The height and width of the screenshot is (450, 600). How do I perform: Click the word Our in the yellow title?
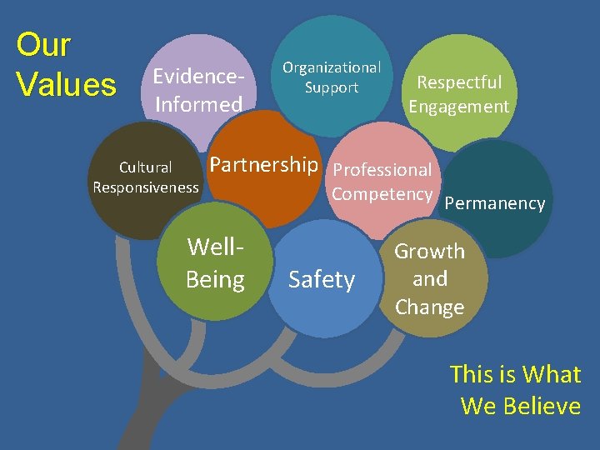pos(44,45)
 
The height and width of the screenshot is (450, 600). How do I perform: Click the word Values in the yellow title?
pos(67,84)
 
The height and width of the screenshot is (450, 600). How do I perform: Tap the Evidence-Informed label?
pos(198,90)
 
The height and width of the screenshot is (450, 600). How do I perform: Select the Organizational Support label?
pos(332,77)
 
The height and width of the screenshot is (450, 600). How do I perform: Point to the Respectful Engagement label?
pos(459,94)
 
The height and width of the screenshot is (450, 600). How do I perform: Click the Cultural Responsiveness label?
pos(146,177)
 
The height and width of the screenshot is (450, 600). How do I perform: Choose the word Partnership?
pos(263,165)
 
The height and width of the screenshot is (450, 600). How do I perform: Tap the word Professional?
pos(382,170)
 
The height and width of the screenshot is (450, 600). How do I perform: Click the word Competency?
pos(382,195)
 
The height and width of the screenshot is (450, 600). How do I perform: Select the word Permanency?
pos(495,203)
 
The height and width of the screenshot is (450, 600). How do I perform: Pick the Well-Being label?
pos(215,262)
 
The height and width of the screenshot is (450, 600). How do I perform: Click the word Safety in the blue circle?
pos(322,280)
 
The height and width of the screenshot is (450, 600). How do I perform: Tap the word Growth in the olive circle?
pos(429,251)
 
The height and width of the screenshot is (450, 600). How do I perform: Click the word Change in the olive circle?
pos(429,307)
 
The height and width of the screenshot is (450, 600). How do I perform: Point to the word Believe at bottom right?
pos(540,406)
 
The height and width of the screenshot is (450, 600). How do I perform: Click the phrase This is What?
pos(515,374)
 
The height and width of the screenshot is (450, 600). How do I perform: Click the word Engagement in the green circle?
pos(459,107)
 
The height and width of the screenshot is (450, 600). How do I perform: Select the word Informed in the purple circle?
pos(198,104)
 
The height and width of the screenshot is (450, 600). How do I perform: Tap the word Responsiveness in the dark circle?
pos(146,187)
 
